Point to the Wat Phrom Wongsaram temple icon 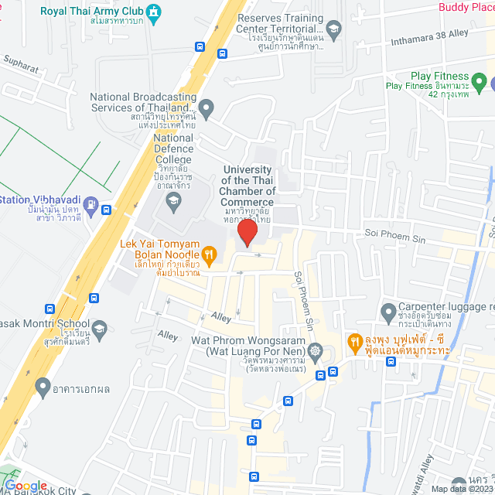coord(316,351)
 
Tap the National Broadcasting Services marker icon coord(206,106)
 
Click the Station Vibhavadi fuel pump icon coord(91,207)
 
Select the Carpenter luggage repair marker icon coord(389,312)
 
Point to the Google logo coord(26,486)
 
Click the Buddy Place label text coord(466,7)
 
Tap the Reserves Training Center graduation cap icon coord(333,31)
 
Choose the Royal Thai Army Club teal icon coord(154,11)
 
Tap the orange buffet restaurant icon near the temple coord(354,340)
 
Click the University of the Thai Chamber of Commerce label coord(248,186)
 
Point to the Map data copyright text coord(463,489)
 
